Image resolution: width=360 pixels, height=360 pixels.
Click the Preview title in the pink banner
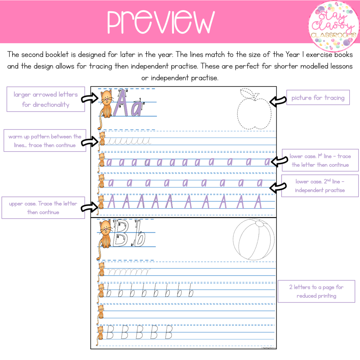(161, 22)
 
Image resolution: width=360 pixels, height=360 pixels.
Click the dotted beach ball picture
(254, 239)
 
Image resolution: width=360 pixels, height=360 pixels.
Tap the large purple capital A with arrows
(121, 103)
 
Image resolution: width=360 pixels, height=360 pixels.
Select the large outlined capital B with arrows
(120, 234)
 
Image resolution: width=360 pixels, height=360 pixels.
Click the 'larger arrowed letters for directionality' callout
(46, 99)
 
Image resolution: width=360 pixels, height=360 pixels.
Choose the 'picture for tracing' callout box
(318, 98)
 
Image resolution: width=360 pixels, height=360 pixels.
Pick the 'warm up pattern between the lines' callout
(45, 141)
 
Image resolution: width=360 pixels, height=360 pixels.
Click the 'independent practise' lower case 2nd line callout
(320, 186)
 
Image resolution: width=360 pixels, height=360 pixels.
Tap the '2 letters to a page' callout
(316, 291)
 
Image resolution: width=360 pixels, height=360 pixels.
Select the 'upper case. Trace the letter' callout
(43, 208)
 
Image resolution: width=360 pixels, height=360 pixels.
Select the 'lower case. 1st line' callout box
(320, 160)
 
